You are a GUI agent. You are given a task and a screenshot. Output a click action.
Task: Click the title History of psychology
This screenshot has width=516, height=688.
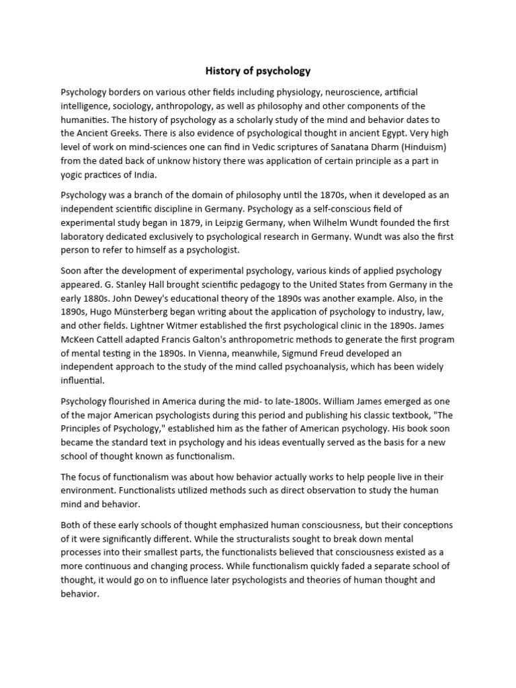(257, 71)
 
